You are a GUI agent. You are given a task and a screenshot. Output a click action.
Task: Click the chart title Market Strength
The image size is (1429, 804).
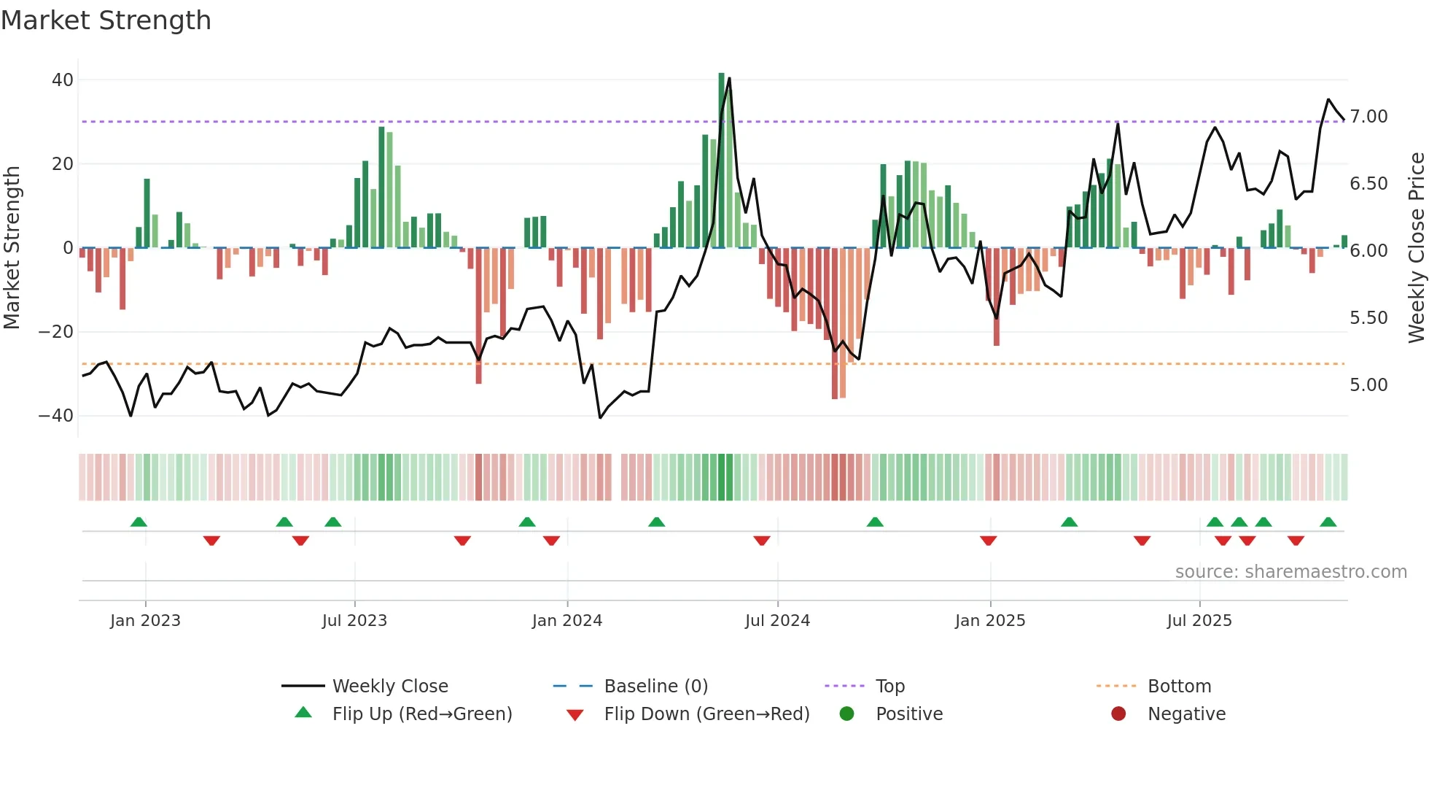coord(106,20)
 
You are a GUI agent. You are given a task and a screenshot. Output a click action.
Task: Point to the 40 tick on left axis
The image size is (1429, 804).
coord(63,80)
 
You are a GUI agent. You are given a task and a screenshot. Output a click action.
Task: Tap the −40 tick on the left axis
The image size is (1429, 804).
coord(56,416)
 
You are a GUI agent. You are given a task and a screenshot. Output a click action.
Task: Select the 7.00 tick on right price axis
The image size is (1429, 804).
coord(1368,117)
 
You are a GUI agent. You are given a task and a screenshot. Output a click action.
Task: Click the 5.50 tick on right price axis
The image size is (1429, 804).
coord(1368,318)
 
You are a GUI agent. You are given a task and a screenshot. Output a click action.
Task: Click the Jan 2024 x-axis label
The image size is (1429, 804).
coord(567,621)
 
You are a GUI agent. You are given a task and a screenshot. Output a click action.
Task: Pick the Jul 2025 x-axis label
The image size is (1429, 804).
coord(1199,621)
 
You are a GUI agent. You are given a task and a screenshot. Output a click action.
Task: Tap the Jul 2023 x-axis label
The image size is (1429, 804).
coord(354,621)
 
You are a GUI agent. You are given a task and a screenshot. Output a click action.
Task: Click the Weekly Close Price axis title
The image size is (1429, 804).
coord(1416,248)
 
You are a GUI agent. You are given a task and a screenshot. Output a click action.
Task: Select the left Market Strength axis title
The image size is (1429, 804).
coord(12,248)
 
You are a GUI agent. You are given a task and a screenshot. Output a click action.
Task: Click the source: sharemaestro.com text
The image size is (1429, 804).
coord(1290,572)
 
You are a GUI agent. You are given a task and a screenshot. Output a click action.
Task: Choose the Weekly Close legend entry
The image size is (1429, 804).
coord(390,687)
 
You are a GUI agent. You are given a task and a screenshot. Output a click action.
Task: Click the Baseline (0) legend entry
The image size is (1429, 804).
coord(655,687)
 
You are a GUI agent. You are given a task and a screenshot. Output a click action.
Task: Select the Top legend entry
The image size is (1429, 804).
coord(889,687)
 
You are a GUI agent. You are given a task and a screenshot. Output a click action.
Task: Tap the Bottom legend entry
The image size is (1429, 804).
coord(1179,687)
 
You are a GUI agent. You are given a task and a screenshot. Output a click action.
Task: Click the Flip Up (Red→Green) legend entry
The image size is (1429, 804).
coord(421,714)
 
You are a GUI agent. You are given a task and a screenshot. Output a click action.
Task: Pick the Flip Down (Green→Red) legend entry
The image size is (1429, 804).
coord(706,714)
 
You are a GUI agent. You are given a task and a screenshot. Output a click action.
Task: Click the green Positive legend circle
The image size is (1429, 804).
coord(846,714)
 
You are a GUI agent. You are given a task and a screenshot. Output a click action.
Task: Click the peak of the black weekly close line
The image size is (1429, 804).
coord(729,79)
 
